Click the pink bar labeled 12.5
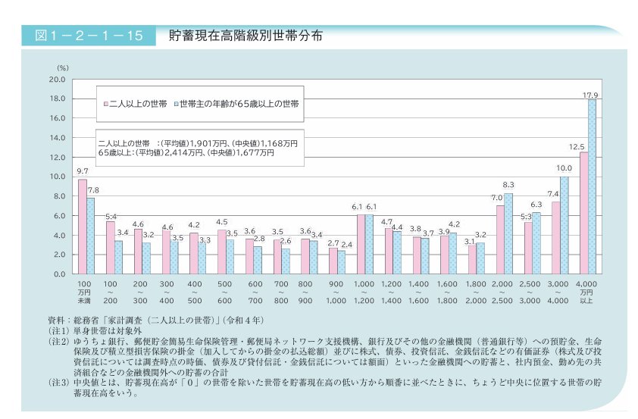click(583, 213)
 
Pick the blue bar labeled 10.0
click(565, 225)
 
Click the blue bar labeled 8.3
click(508, 233)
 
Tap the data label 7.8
click(93, 190)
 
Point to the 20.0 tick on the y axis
click(57, 80)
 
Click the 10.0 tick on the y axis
click(57, 177)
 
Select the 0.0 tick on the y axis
click(59, 274)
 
